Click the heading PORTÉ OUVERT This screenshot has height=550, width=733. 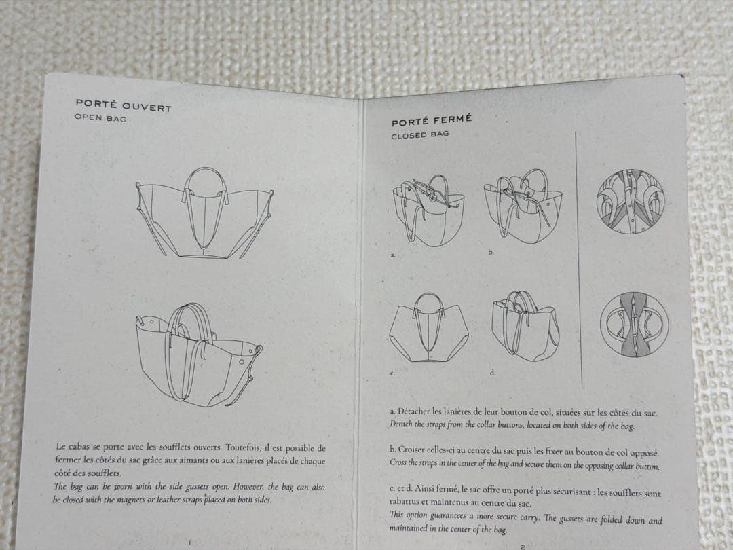tap(124, 105)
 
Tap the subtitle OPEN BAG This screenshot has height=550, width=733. tap(100, 118)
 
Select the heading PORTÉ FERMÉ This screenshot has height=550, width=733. tap(432, 120)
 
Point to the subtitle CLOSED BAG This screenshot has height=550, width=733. tap(420, 134)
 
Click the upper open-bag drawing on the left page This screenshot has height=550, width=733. tap(204, 213)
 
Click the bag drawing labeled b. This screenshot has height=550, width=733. tap(523, 205)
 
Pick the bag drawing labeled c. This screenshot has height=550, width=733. tap(428, 328)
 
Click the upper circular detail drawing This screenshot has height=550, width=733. tap(630, 202)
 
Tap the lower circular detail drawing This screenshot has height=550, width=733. tap(635, 325)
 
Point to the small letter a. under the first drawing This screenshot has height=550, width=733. tap(393, 255)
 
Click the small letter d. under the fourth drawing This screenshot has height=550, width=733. tap(492, 373)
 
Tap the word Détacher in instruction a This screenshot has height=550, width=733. tap(414, 411)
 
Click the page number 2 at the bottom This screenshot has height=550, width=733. tap(523, 546)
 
